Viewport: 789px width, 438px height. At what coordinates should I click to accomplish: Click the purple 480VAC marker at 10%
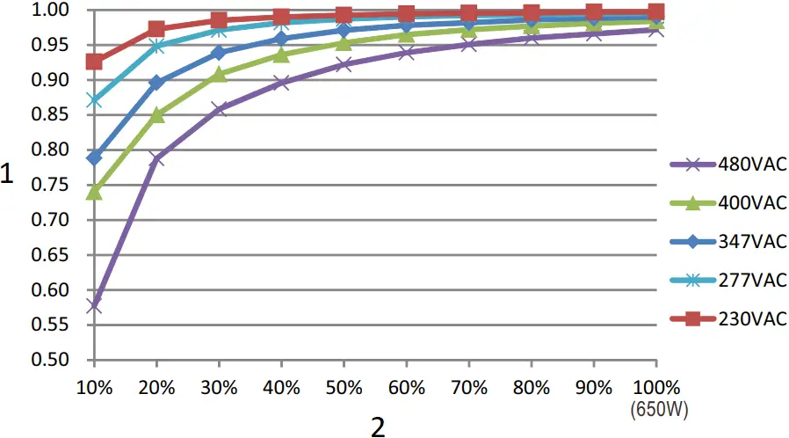tap(94, 305)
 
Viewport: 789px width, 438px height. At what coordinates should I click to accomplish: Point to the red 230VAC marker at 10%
tap(94, 62)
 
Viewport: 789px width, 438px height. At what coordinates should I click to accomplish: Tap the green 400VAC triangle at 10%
tap(94, 191)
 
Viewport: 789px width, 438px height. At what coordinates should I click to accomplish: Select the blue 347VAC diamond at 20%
tap(156, 83)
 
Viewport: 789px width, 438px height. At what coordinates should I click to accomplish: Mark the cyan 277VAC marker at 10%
tap(94, 100)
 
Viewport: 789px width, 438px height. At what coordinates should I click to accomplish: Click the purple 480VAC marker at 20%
tap(156, 158)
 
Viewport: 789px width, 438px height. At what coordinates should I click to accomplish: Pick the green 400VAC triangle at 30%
tap(219, 75)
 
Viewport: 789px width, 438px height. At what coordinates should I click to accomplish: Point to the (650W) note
tap(656, 408)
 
